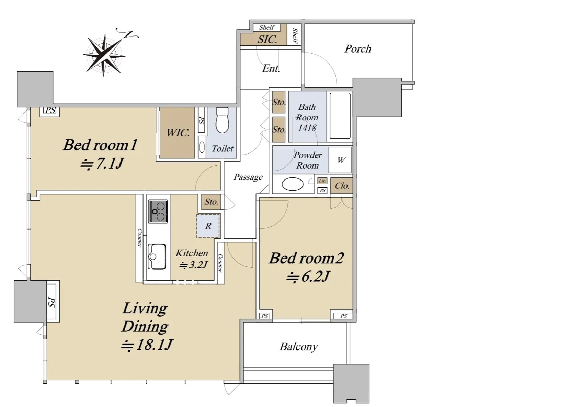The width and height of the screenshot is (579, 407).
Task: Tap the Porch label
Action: (358, 49)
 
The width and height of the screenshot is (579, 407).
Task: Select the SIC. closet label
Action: (267, 39)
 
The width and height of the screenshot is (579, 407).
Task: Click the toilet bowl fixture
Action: (222, 120)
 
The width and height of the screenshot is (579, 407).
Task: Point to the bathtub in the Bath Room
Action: (340, 116)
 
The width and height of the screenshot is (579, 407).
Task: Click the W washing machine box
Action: (340, 160)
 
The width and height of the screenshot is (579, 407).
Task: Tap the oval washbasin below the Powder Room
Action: (293, 184)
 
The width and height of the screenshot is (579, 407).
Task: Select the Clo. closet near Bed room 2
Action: (342, 186)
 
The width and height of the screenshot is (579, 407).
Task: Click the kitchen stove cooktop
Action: (158, 211)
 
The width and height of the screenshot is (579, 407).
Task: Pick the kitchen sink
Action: (157, 257)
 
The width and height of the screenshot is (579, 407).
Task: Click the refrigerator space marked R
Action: (208, 226)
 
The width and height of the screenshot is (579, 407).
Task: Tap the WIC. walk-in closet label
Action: (178, 132)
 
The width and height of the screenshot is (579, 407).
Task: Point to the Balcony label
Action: (299, 347)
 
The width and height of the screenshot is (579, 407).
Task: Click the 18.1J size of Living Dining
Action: (147, 345)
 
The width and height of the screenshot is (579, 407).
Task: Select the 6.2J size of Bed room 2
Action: (308, 276)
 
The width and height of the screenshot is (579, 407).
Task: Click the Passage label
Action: (248, 177)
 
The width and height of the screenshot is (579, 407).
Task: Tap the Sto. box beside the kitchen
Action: (211, 202)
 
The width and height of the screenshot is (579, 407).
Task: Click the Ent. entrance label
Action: (271, 68)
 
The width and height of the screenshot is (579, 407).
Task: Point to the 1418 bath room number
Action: (307, 128)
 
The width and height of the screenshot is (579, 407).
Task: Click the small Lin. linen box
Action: (322, 181)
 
